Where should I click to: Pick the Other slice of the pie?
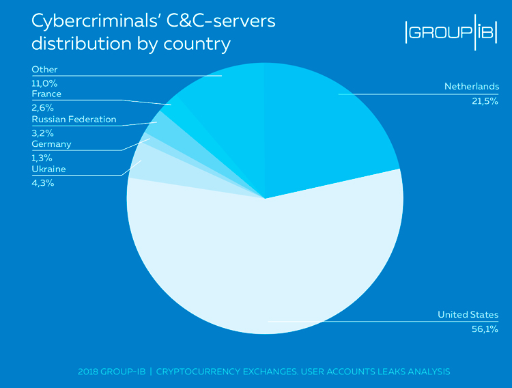pos(225,102)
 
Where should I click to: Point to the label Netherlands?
pos(472,87)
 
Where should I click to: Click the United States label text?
pos(468,315)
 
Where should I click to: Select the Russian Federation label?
pos(74,120)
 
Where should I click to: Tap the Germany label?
pos(51,144)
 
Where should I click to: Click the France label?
pos(46,94)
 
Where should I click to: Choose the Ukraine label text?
pos(48,169)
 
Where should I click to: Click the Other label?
pos(44,70)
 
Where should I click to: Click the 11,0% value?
pos(44,83)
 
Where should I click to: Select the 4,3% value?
pos(42,183)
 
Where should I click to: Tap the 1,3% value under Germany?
pos(42,158)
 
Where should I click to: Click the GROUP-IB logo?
pos(451,33)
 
